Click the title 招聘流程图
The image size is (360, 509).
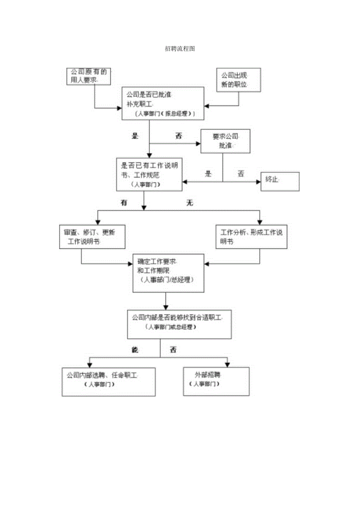180,49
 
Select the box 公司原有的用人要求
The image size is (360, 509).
88,76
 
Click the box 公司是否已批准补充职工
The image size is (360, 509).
162,103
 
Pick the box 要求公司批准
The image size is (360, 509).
225,141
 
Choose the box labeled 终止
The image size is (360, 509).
280,182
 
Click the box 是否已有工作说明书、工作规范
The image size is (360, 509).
149,174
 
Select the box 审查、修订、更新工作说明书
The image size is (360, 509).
92,237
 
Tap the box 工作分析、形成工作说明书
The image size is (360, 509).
252,237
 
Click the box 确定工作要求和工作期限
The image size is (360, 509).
168,273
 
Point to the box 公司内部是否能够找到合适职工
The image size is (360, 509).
179,324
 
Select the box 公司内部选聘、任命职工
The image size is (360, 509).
108,381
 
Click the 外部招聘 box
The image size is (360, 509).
216,381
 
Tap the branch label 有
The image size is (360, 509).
124,203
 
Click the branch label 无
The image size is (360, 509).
190,203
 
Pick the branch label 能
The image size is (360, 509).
136,350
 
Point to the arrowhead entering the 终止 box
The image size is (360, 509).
258,182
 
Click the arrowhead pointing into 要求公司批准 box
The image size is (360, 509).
198,144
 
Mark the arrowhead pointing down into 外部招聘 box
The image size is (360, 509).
227,364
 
